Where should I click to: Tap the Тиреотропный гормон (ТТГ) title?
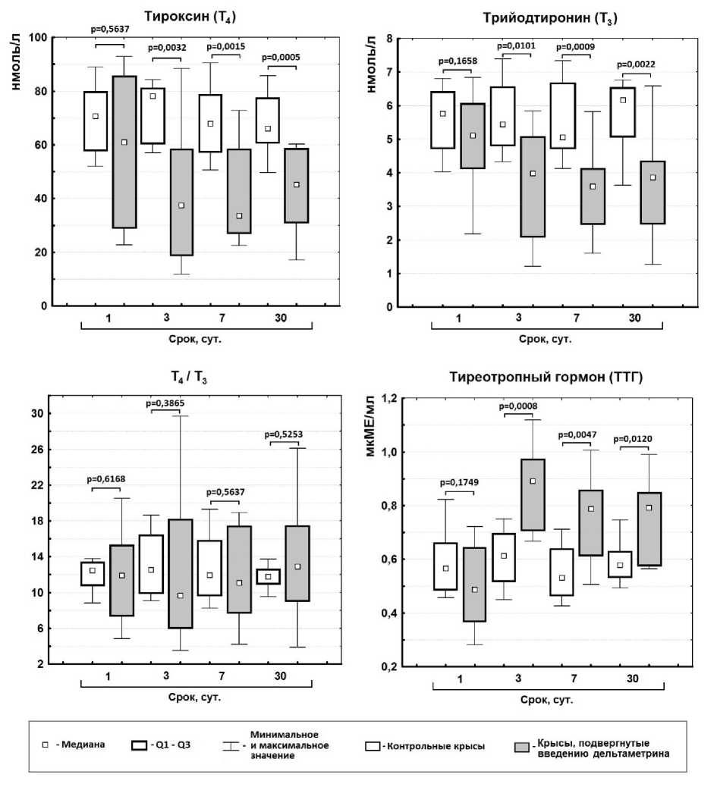[x=546, y=377]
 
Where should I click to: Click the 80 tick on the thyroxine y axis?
[x=36, y=92]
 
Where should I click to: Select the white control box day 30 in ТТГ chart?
[x=620, y=564]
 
